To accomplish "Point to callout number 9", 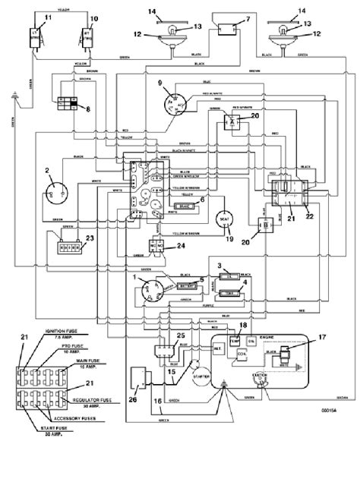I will (x=160, y=83).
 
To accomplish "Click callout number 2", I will (x=46, y=171).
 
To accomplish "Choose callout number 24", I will (x=180, y=246).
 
